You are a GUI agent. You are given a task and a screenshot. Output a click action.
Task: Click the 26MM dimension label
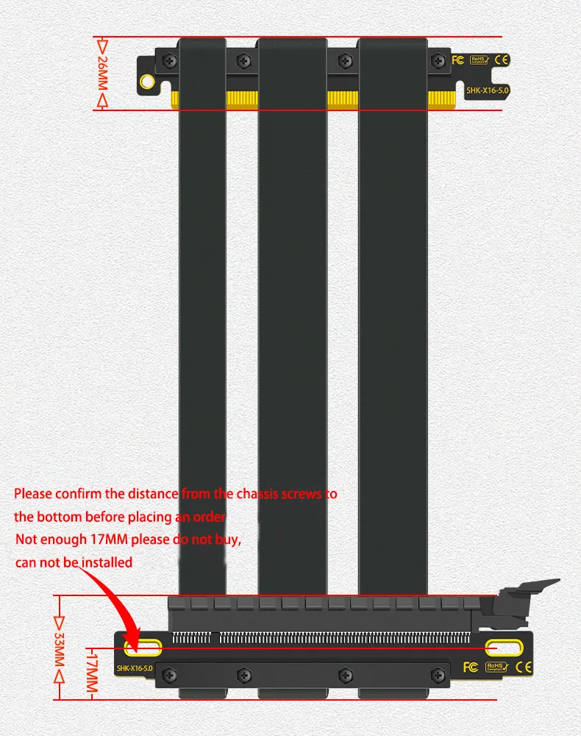click(x=102, y=74)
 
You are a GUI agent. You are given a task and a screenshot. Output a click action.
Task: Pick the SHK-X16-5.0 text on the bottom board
click(x=135, y=668)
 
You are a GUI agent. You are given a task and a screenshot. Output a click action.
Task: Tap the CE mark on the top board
click(x=503, y=60)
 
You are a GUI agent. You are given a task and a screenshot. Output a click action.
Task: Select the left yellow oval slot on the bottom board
click(x=143, y=647)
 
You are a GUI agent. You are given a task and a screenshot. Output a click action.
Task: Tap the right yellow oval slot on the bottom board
click(x=505, y=647)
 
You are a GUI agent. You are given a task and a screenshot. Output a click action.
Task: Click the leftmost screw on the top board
click(x=170, y=60)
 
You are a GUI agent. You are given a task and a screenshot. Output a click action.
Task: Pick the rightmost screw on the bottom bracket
click(x=440, y=674)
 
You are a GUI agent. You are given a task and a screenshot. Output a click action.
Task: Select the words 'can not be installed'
click(x=74, y=562)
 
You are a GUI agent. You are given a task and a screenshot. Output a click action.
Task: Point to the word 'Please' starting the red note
click(x=33, y=493)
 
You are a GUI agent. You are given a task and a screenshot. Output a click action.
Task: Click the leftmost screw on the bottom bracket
click(x=170, y=674)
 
